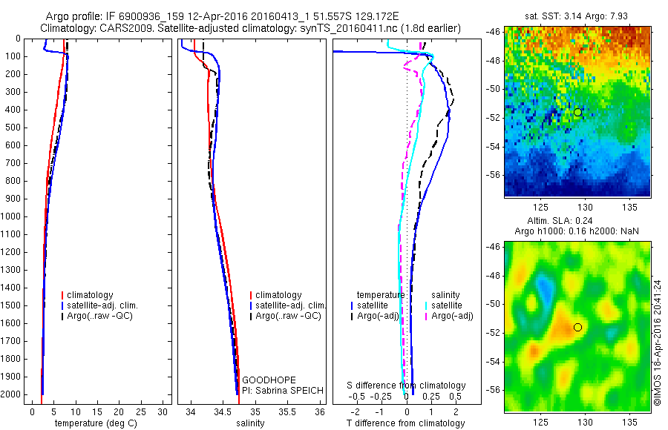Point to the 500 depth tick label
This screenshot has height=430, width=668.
click(x=15, y=128)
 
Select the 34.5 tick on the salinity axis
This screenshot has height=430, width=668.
click(x=223, y=411)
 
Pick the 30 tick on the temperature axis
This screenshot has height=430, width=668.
click(x=164, y=411)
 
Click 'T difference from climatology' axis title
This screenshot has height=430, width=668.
click(x=405, y=423)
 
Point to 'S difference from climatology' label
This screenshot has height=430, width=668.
click(x=407, y=386)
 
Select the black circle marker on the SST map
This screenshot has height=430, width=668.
click(x=577, y=112)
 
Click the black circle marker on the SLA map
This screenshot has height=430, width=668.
click(x=577, y=327)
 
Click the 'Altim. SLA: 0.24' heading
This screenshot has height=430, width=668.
click(x=576, y=222)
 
